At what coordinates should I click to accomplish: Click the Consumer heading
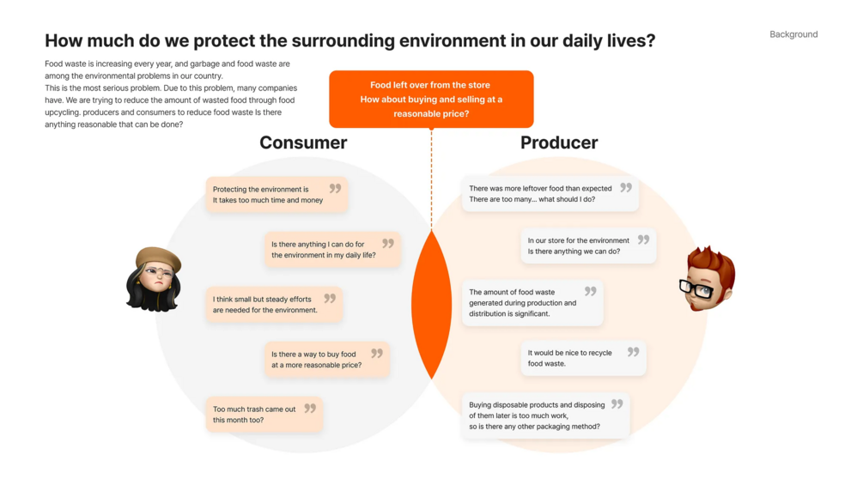[303, 142]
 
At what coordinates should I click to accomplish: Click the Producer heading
[559, 142]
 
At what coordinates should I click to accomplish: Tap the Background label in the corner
[793, 34]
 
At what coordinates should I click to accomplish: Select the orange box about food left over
[431, 99]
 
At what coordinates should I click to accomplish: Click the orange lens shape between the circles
[431, 304]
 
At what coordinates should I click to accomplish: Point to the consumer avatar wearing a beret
[154, 279]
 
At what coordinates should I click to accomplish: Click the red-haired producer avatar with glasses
[707, 278]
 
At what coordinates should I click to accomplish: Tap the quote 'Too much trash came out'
[264, 414]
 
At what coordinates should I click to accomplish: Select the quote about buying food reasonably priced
[327, 359]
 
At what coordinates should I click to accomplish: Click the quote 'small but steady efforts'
[274, 304]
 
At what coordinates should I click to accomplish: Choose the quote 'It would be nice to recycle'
[583, 358]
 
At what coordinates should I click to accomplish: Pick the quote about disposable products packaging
[545, 415]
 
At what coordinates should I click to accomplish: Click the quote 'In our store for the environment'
[588, 246]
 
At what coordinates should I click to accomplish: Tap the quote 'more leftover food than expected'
[550, 193]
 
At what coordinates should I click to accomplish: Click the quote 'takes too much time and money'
[277, 194]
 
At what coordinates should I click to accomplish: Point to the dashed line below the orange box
[431, 179]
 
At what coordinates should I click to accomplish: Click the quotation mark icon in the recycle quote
[634, 351]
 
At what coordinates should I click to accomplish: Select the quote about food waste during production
[532, 303]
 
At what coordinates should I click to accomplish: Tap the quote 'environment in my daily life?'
[332, 249]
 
